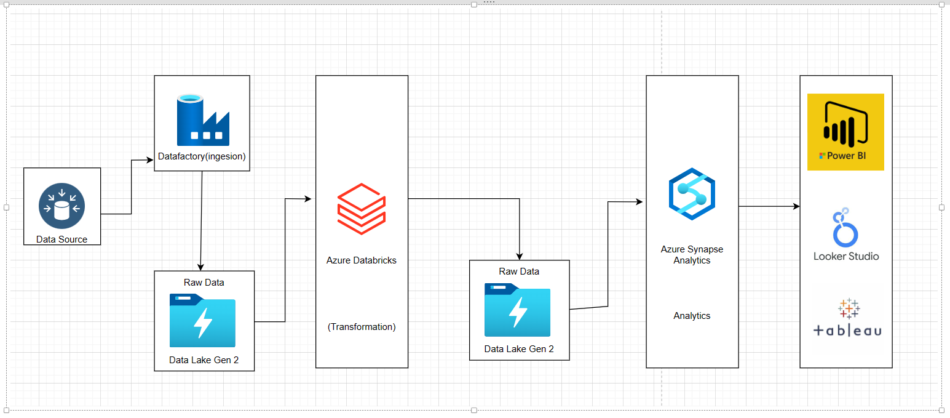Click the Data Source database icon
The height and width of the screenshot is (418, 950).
click(x=61, y=205)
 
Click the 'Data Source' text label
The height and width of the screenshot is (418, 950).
click(x=61, y=239)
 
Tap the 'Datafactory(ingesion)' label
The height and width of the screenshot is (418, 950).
click(x=202, y=156)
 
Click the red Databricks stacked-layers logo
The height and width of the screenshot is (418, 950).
click(x=362, y=208)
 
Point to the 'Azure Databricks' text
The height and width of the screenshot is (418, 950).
click(x=362, y=260)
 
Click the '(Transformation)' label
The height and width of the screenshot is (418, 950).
click(x=362, y=327)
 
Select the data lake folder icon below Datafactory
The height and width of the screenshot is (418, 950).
click(x=203, y=320)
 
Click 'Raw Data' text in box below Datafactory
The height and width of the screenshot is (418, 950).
click(x=204, y=283)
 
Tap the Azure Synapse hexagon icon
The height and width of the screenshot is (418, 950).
click(x=692, y=195)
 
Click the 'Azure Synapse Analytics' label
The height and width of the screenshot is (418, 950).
click(x=692, y=255)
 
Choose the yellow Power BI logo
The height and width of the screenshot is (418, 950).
click(x=845, y=132)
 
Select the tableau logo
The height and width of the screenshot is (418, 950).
click(x=847, y=318)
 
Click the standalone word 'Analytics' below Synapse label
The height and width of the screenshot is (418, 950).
click(x=692, y=316)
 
